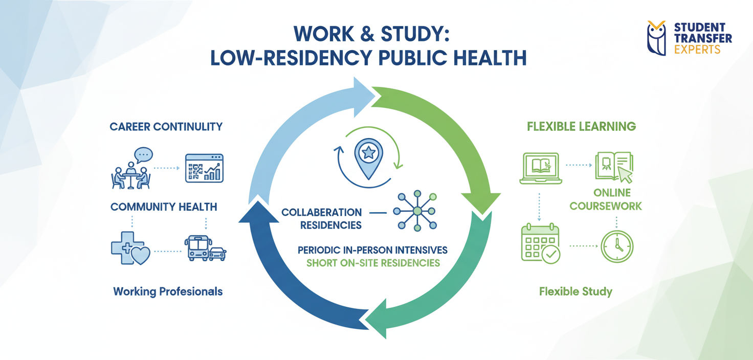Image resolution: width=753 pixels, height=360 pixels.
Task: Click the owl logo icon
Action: pos(656,38)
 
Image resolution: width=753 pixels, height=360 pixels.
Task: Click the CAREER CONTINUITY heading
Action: pos(166,126)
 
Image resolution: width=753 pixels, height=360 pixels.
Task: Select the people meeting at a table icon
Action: pos(130,168)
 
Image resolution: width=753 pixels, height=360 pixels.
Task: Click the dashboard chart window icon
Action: pos(204,168)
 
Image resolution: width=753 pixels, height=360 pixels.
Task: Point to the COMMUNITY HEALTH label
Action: pos(164,207)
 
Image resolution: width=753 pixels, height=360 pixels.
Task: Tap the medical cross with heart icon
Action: pos(130,248)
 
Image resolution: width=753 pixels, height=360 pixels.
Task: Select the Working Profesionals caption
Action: pos(168,291)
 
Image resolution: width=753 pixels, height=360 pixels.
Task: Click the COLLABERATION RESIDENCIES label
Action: pos(322,218)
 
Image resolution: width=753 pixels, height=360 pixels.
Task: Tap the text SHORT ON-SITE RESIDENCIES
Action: pos(373,263)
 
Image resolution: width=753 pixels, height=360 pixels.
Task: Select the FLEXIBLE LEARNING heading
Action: pos(581,126)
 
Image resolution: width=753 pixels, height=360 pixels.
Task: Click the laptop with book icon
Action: pos(540,168)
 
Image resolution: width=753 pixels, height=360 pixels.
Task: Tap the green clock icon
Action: pos(617,247)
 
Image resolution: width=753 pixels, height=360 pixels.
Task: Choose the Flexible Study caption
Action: pos(575,292)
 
